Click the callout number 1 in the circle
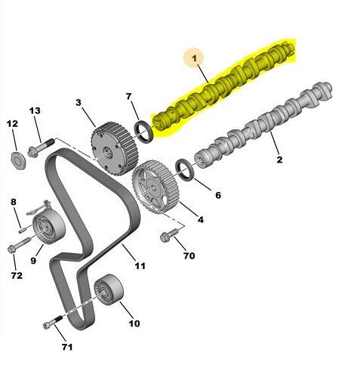[x=194, y=58]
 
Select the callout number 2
[x=279, y=159]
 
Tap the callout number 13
[x=35, y=110]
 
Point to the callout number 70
[x=189, y=255]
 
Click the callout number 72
[x=17, y=275]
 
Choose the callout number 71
[x=67, y=347]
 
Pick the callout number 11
[x=140, y=266]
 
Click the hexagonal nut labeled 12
[x=19, y=160]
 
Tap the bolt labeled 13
[x=42, y=147]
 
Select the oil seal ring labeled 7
[x=144, y=131]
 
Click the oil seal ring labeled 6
[x=186, y=170]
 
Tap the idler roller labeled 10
[x=109, y=289]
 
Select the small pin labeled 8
[x=23, y=230]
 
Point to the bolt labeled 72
[x=19, y=244]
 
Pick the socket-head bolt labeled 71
[x=53, y=322]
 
